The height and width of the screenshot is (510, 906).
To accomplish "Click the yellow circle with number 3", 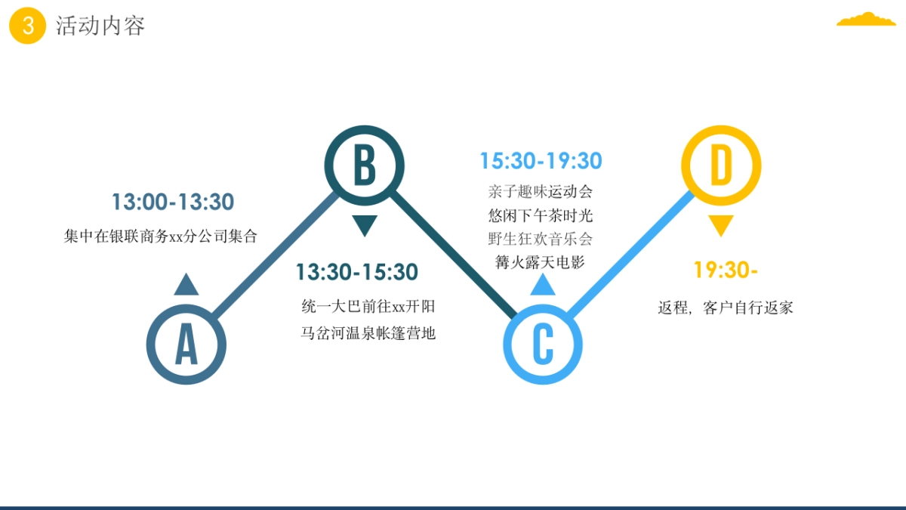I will click(28, 26).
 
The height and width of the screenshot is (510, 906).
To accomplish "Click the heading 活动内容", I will click(100, 26).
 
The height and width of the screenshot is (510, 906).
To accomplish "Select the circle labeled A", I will click(186, 345).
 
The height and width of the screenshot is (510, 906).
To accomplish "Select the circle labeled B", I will click(365, 165).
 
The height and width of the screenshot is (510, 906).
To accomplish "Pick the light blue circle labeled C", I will click(543, 345).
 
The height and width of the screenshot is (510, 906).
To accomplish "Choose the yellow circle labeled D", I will click(721, 165).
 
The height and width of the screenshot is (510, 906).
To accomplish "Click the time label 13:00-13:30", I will click(173, 202).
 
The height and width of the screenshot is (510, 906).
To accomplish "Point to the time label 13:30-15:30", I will click(356, 272).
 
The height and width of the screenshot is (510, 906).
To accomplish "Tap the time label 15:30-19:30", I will click(541, 161).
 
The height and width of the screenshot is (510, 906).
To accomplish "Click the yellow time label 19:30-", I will click(726, 270).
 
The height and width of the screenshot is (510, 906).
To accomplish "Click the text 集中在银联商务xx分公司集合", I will click(161, 236).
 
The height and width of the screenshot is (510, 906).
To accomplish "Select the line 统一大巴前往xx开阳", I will click(368, 307).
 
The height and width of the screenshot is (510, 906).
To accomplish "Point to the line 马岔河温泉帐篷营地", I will click(368, 333).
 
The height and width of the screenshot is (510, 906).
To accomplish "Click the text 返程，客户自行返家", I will click(725, 308).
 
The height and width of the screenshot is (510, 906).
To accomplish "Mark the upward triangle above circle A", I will click(186, 285).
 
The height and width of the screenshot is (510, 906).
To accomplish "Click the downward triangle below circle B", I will click(365, 225).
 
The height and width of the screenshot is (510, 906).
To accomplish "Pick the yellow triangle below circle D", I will click(721, 225).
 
